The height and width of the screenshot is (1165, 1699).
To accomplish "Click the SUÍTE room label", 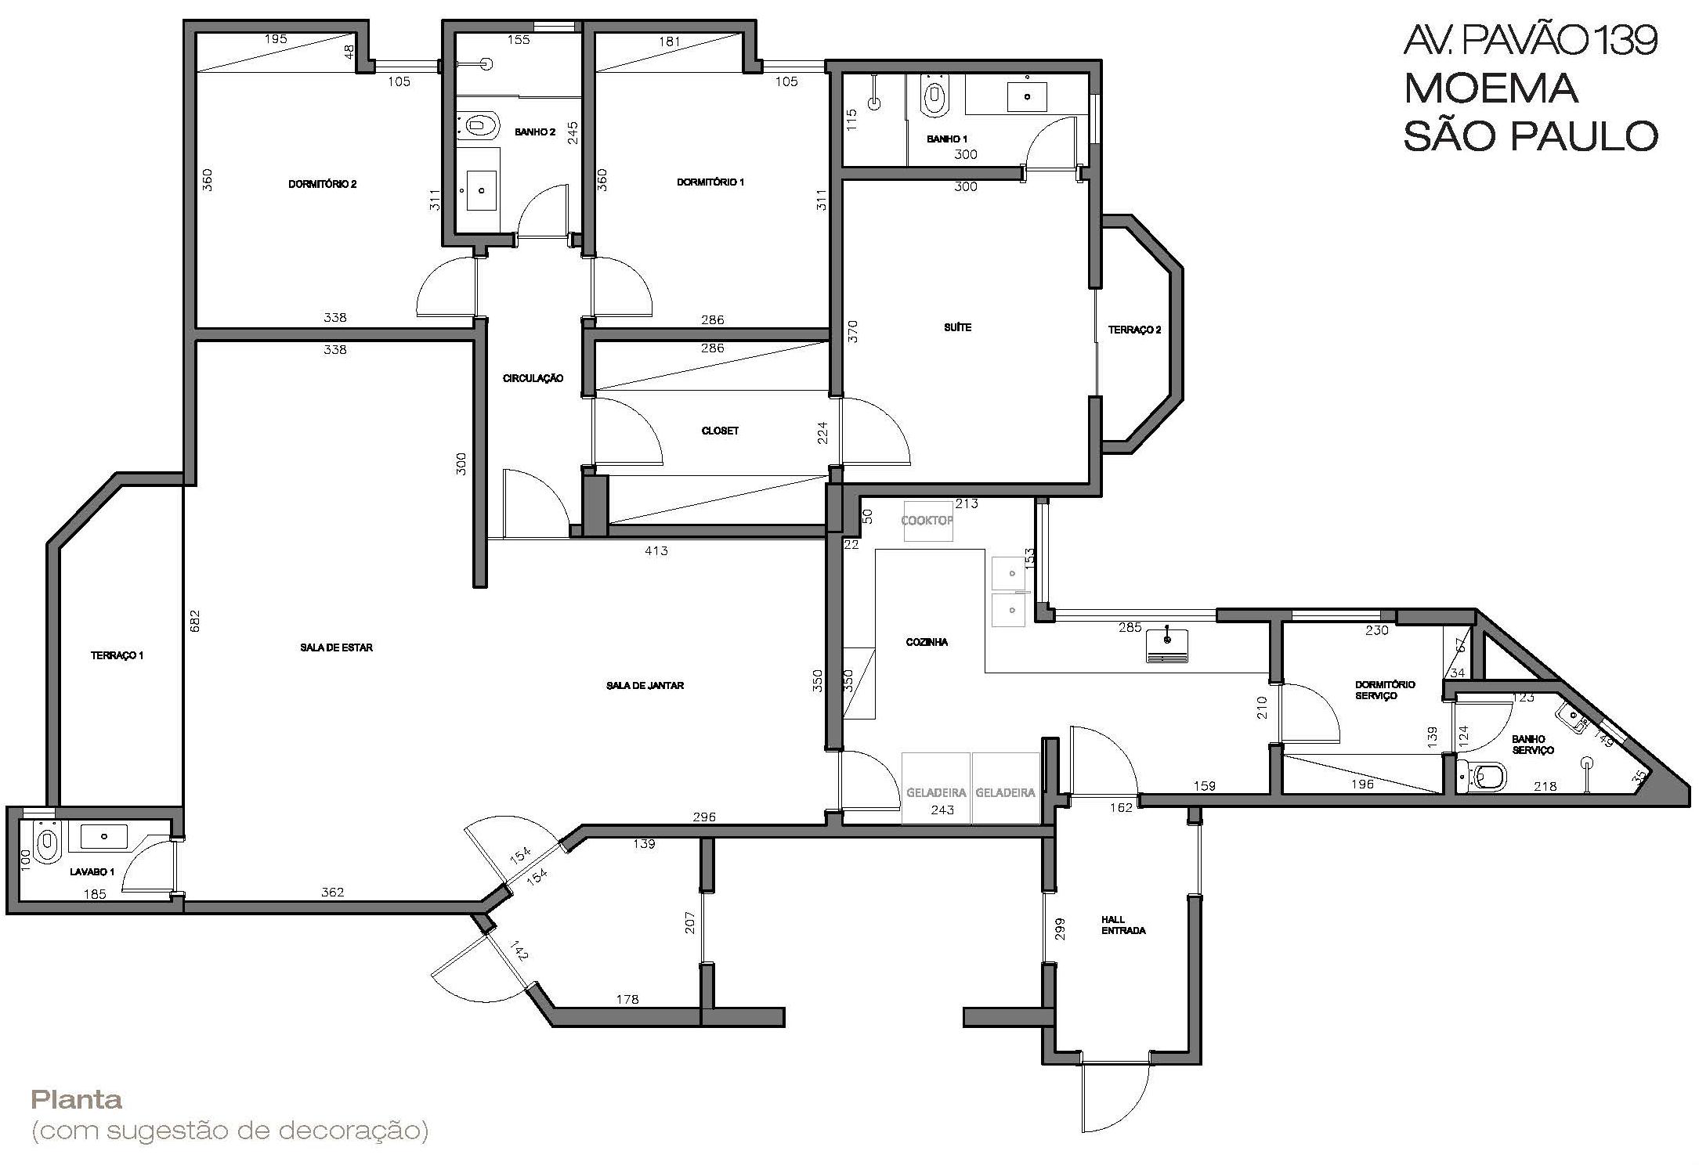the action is click(x=957, y=327).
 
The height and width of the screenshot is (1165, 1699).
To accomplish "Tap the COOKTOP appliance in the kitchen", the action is click(x=928, y=521).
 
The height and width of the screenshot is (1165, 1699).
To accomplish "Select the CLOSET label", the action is click(x=720, y=431).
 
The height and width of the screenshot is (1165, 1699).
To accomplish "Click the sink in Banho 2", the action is click(x=482, y=190).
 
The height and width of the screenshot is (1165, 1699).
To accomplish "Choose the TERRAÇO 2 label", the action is click(x=1134, y=330).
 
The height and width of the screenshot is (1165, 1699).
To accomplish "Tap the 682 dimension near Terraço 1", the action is click(x=195, y=622).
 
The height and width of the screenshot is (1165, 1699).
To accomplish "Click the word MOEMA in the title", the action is click(x=1490, y=88).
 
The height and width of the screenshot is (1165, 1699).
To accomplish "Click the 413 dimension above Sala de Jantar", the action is click(x=656, y=551).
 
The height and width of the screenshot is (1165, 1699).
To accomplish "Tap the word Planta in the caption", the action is click(x=77, y=1100).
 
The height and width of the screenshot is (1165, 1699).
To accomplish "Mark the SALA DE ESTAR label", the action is click(x=336, y=647).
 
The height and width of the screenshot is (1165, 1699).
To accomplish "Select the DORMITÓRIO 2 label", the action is click(x=323, y=184).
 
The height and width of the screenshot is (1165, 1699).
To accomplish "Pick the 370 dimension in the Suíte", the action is click(x=853, y=331).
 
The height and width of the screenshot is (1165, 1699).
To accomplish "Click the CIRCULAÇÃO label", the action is click(x=533, y=378).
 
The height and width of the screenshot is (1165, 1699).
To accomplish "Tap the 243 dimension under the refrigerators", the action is click(x=942, y=810).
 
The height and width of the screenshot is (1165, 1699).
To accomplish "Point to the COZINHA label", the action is click(x=927, y=642).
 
